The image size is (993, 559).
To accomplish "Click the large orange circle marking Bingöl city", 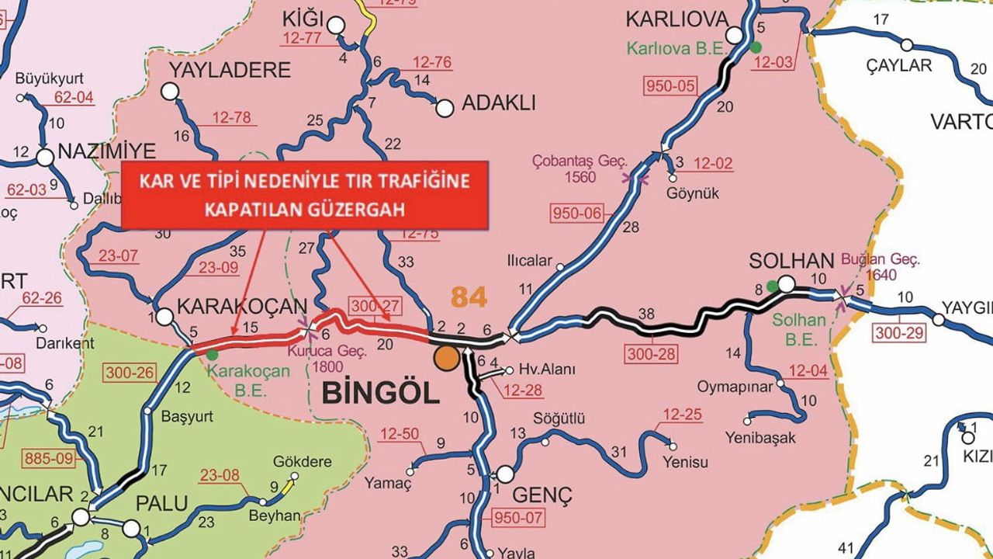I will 446,358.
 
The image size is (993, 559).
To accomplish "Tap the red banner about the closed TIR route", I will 304,195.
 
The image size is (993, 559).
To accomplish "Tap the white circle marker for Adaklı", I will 445,108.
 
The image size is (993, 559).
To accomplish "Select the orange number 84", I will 469,296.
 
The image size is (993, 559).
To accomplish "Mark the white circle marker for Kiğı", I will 335,26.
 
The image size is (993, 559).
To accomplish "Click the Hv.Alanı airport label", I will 547,370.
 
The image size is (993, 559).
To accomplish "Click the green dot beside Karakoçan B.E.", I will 212,355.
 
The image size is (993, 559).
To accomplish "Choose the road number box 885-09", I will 51,458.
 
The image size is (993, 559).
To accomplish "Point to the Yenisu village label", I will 685,463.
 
